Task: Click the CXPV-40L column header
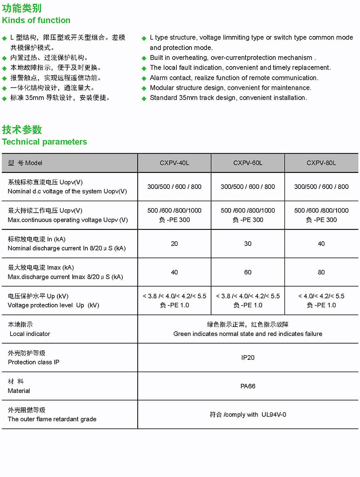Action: click(174, 163)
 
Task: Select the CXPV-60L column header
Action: click(248, 163)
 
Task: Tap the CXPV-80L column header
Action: click(321, 163)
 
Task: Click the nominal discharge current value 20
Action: click(174, 244)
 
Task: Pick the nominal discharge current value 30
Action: click(248, 244)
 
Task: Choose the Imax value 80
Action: click(321, 272)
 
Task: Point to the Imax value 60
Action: click(248, 272)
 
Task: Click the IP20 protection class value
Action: click(248, 358)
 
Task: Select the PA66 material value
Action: click(248, 386)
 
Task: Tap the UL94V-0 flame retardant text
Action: click(274, 415)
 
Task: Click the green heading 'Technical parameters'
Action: click(44, 142)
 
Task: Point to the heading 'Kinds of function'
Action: click(36, 21)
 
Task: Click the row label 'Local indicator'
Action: click(30, 334)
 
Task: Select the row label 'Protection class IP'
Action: click(33, 362)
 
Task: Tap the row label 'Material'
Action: click(19, 391)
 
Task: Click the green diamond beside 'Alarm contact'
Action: click(144, 78)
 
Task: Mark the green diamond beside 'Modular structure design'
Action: click(144, 88)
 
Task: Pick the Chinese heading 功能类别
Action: click(22, 8)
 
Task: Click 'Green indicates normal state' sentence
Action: click(248, 334)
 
